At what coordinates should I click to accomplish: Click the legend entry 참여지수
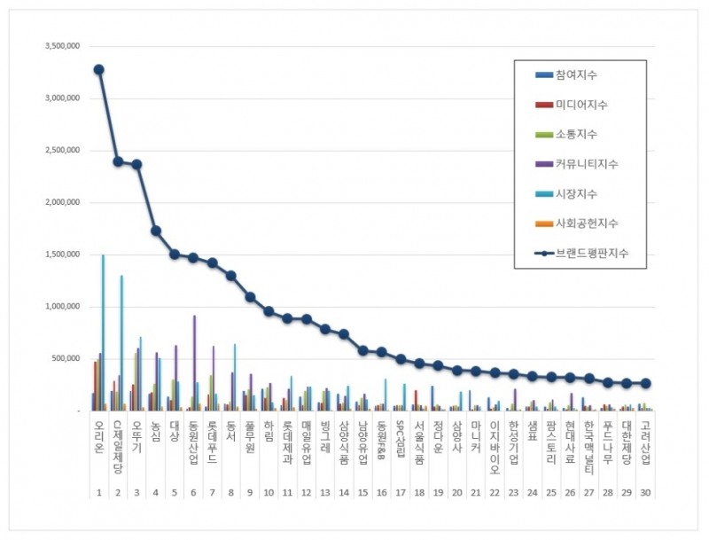pyautogui.click(x=575, y=74)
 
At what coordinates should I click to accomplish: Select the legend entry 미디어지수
pyautogui.click(x=581, y=105)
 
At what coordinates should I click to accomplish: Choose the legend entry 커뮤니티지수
pyautogui.click(x=587, y=164)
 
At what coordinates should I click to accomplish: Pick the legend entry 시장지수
pyautogui.click(x=575, y=194)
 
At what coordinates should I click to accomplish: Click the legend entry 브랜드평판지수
pyautogui.click(x=592, y=254)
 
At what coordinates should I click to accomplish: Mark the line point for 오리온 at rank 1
pyautogui.click(x=98, y=69)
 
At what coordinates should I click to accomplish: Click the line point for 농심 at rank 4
pyautogui.click(x=156, y=231)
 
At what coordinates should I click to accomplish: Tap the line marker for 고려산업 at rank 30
pyautogui.click(x=646, y=383)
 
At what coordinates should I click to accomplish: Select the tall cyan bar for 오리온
pyautogui.click(x=103, y=333)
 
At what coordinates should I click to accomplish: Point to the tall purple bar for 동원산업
pyautogui.click(x=194, y=363)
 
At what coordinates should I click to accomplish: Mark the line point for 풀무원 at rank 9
pyautogui.click(x=251, y=297)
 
